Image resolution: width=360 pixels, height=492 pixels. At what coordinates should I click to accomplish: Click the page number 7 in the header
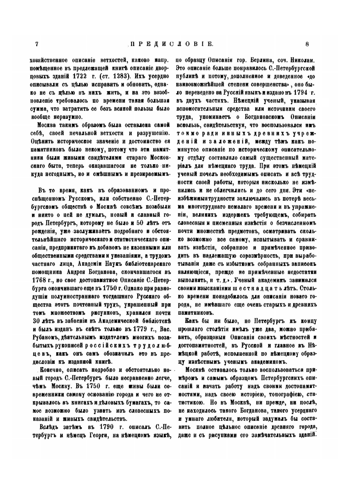[x=37, y=44]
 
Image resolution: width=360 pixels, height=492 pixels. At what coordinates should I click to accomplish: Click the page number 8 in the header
[x=307, y=44]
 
